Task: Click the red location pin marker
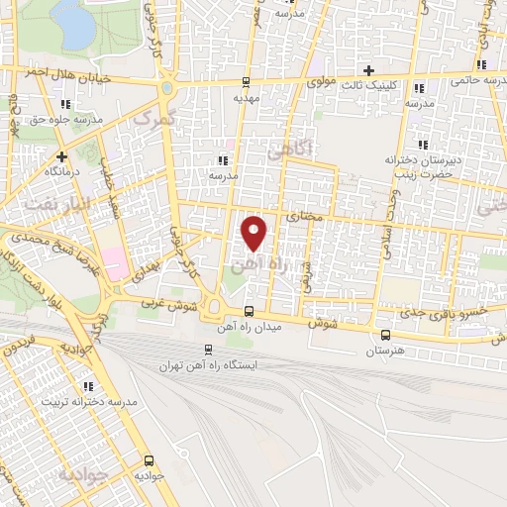[x=255, y=233]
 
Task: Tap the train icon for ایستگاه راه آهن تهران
[x=208, y=349]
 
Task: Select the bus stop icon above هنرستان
[x=385, y=335]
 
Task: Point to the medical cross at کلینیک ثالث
[x=368, y=70]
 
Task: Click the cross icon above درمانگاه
[x=61, y=155]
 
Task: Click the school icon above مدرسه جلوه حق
[x=65, y=104]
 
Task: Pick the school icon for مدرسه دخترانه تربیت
[x=87, y=386]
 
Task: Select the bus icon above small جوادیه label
[x=149, y=460]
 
